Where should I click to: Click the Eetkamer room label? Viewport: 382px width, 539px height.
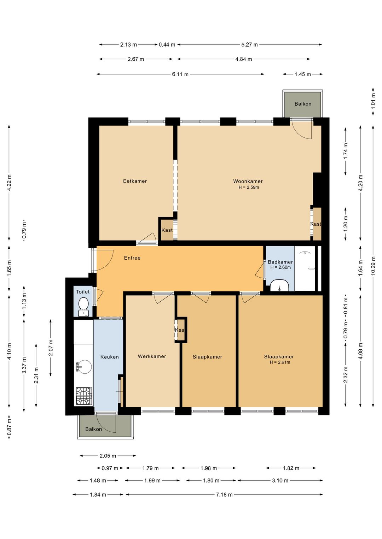tap(135, 181)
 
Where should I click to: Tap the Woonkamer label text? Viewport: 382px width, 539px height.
tap(248, 181)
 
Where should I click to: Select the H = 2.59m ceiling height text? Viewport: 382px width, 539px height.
tap(249, 187)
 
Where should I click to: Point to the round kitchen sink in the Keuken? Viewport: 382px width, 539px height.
tap(84, 367)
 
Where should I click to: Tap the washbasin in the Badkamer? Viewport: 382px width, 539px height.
tap(279, 285)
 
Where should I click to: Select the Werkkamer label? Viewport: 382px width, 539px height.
tap(152, 356)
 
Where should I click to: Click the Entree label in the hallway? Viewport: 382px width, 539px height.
tap(132, 258)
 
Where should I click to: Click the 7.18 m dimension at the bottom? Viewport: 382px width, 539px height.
tap(224, 494)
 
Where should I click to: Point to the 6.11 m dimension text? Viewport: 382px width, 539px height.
tap(180, 74)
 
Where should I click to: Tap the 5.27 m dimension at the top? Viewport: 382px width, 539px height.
tap(249, 45)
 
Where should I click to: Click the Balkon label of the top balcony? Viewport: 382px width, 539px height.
tap(303, 104)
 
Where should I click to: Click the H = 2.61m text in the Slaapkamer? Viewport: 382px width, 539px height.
tap(280, 362)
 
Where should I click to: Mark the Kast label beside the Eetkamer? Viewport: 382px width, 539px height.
tap(167, 230)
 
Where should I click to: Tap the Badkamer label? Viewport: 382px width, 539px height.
tap(280, 262)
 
